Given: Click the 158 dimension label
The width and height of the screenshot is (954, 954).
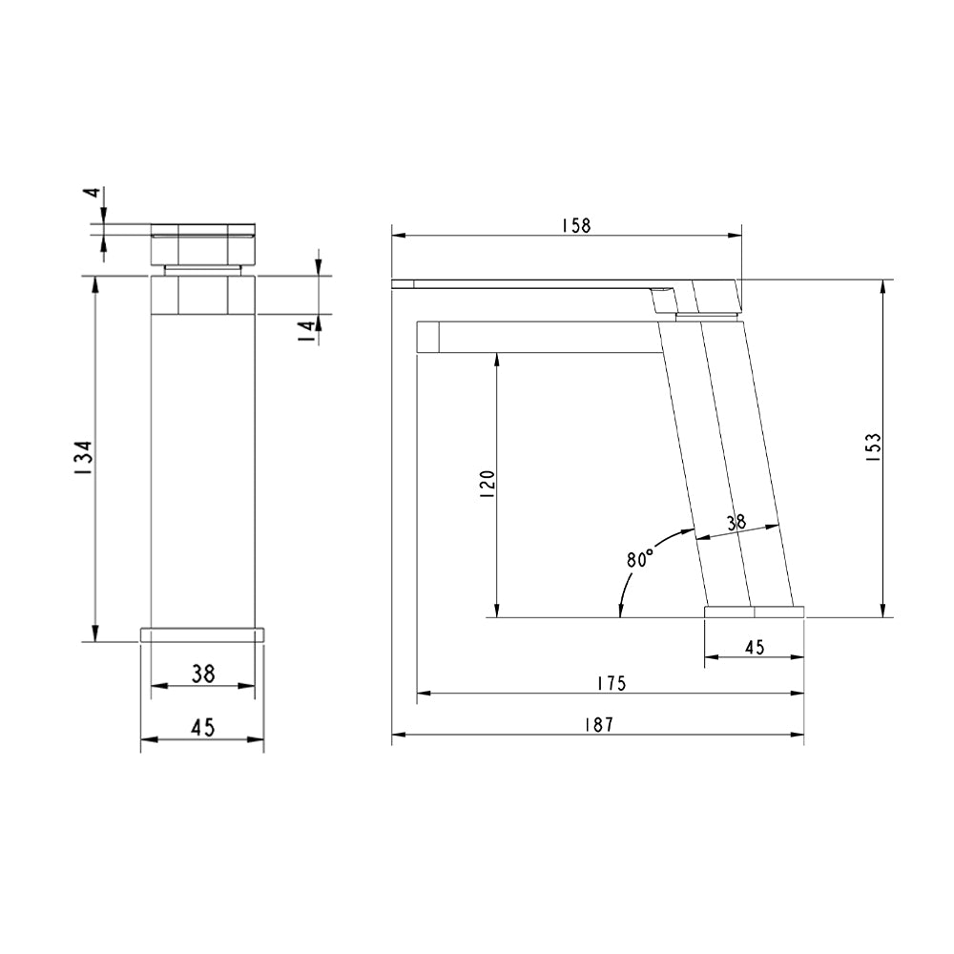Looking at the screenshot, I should (x=575, y=225).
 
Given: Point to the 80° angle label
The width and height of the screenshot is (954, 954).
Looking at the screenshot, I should (x=639, y=558).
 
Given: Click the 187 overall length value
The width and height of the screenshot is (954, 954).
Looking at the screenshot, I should (x=597, y=724).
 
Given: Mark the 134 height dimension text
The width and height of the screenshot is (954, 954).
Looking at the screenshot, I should (x=84, y=458).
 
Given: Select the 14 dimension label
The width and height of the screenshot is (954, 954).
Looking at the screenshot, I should (x=306, y=330).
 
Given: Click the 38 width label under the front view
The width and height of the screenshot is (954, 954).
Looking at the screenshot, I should (x=202, y=674).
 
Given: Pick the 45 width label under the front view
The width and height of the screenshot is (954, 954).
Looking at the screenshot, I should (x=202, y=727).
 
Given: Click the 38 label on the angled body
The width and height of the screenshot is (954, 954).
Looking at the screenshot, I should (x=736, y=522).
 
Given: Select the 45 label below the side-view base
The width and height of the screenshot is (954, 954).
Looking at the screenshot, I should (x=754, y=647).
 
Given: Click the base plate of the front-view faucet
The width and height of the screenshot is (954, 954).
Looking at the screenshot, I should (x=202, y=634).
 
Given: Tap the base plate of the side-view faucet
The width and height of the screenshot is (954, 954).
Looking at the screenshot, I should (x=754, y=612).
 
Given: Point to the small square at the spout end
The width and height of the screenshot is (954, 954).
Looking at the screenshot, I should (x=428, y=338).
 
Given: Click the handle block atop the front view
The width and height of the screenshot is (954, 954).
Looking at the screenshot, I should (x=204, y=243).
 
